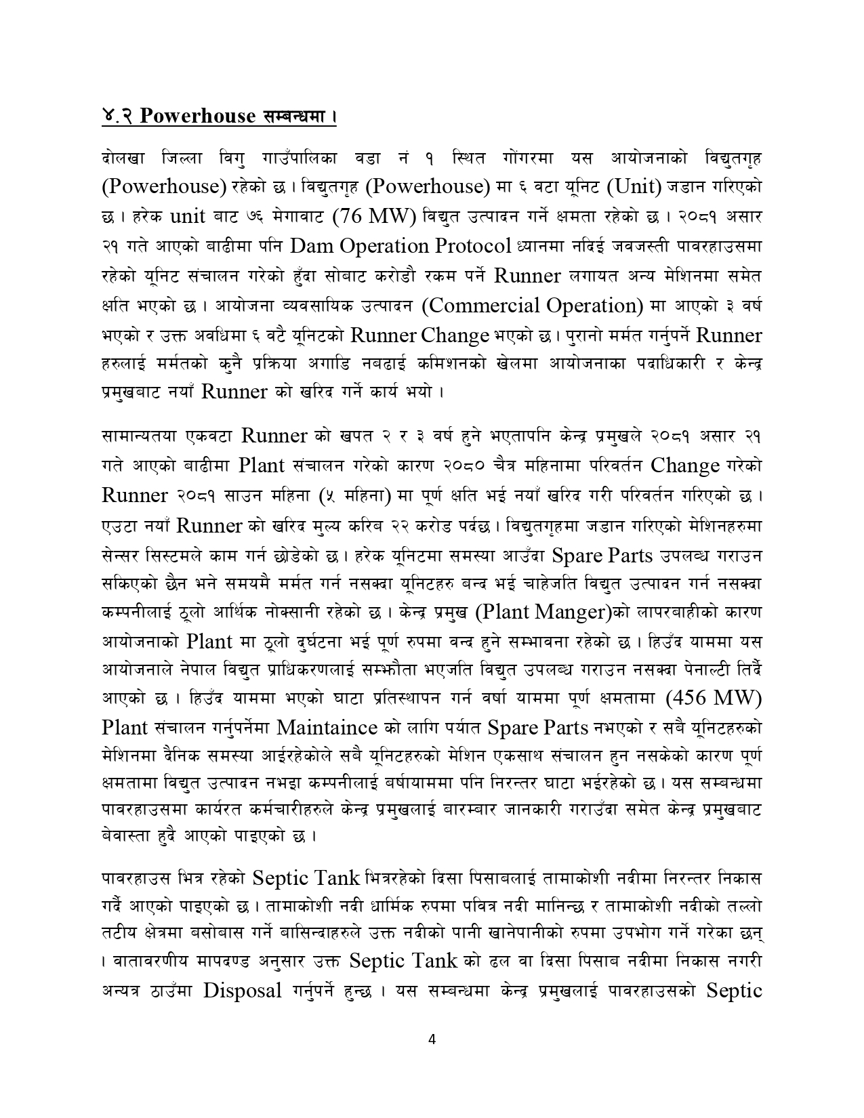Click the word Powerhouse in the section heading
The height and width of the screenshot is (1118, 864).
pos(198,116)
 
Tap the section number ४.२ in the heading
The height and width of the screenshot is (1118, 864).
pos(118,116)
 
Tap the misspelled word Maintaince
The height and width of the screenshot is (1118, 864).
pos(327,727)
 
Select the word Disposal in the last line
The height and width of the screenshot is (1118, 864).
pos(243,991)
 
